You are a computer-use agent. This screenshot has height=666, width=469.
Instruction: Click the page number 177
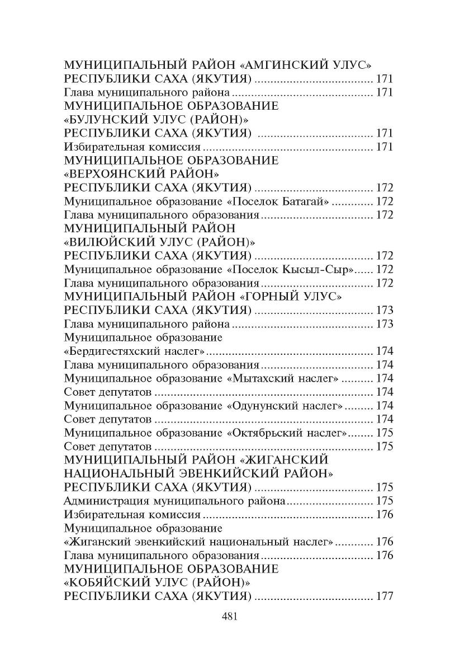pyautogui.click(x=385, y=597)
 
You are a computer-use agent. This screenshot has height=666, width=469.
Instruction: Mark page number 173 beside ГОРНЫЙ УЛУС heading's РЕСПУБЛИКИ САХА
pyautogui.click(x=385, y=311)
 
